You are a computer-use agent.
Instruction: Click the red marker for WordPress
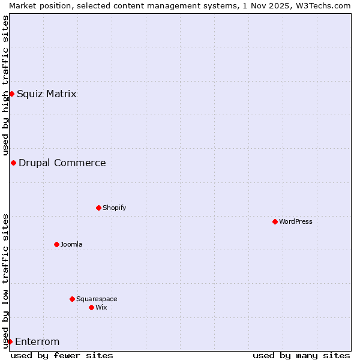coord(275,221)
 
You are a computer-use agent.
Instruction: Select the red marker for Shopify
coord(98,208)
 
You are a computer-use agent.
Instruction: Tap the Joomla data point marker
coord(56,244)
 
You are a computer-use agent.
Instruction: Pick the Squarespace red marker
coord(72,299)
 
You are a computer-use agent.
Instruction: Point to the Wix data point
coord(91,307)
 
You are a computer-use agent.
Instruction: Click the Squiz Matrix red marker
coord(11,94)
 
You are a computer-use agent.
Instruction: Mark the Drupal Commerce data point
coord(13,163)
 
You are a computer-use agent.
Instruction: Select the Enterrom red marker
coord(10,341)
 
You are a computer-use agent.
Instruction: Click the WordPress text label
coord(296,221)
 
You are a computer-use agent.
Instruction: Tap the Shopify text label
coord(115,208)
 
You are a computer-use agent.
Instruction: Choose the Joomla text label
coord(71,244)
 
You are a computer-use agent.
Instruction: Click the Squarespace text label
coord(97,299)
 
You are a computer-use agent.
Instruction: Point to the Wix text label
coord(101,307)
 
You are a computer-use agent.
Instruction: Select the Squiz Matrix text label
coord(47,94)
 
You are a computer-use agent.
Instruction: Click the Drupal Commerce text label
coord(62,163)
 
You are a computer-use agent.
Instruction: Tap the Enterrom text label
coord(37,342)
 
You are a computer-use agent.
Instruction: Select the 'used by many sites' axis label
coord(301,355)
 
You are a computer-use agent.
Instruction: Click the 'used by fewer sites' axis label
coord(62,355)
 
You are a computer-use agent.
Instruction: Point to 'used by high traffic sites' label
coord(5,85)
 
